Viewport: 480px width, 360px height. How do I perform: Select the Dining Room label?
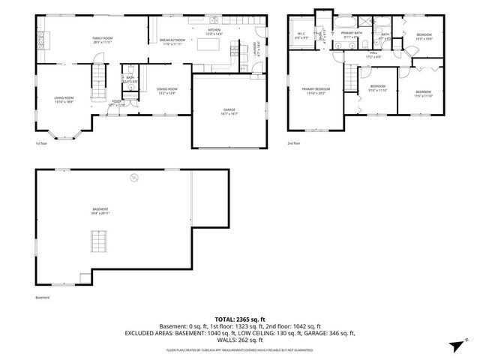(166, 91)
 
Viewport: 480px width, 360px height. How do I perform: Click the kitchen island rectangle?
(208, 46)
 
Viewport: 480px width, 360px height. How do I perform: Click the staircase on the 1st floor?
(99, 75)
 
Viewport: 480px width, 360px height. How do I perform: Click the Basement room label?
(100, 211)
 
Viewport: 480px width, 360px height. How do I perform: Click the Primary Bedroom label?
(316, 91)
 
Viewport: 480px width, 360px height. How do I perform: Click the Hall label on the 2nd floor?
(373, 55)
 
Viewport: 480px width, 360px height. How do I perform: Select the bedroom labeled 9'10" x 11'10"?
(377, 88)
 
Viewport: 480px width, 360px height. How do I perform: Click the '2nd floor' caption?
(293, 143)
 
